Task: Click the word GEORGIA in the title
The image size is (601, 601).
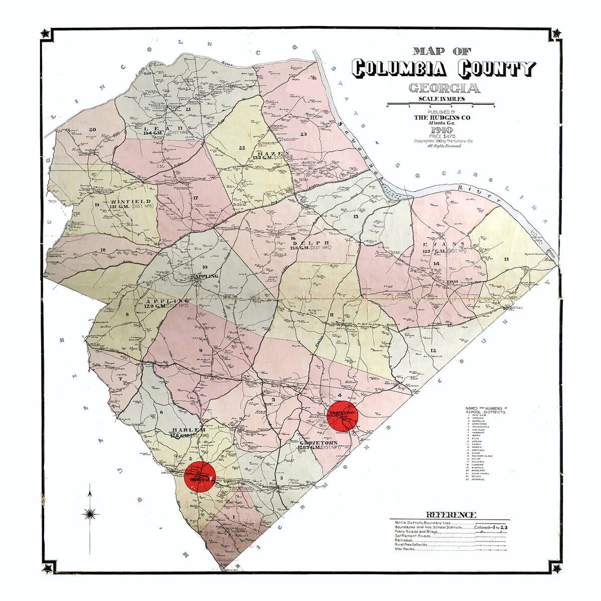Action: [x=444, y=89]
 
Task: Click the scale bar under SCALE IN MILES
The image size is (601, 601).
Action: [x=441, y=105]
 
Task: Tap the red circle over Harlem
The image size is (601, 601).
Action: [x=200, y=476]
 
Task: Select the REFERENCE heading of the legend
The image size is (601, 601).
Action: [x=450, y=514]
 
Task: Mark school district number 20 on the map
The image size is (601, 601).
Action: [x=92, y=130]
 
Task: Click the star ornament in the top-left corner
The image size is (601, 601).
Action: [x=46, y=34]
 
